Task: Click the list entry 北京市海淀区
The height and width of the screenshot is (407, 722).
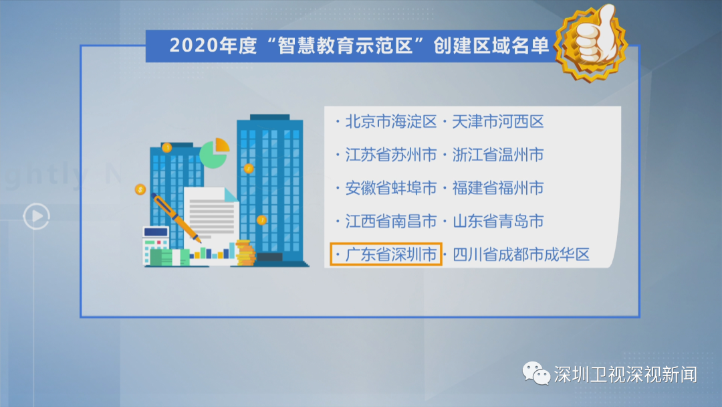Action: [x=391, y=122]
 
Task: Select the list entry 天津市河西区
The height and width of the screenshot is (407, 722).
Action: [x=498, y=122]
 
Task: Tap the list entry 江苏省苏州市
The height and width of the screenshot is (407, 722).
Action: [x=391, y=155]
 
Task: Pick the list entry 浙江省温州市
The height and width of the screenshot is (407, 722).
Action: [x=498, y=155]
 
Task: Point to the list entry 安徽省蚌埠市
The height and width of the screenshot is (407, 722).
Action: [x=391, y=188]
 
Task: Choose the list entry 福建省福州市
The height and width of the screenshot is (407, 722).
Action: [x=498, y=188]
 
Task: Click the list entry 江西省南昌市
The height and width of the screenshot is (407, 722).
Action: [x=391, y=222]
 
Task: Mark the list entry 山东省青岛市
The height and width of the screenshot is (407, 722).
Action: [x=498, y=222]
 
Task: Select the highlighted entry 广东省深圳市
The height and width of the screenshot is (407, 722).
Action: [x=391, y=254]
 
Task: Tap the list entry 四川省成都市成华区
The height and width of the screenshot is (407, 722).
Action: [x=521, y=254]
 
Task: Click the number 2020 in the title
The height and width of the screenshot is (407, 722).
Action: [x=193, y=46]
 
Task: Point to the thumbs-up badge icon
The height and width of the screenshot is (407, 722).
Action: [x=591, y=42]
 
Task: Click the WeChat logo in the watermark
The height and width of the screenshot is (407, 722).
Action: [x=536, y=374]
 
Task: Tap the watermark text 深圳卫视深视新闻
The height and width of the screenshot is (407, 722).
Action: [x=625, y=374]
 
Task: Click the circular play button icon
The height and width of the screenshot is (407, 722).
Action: [x=36, y=216]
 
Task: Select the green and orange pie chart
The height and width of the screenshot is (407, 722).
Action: [x=215, y=153]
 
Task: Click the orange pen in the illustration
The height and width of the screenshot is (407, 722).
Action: [x=176, y=218]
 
